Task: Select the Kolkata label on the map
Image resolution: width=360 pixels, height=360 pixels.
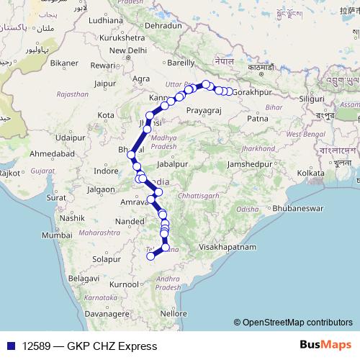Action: (309, 173)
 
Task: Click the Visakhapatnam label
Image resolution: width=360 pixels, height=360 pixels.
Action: (228, 246)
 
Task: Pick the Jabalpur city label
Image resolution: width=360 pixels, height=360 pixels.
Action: (171, 164)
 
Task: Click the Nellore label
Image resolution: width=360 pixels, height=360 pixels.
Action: (174, 313)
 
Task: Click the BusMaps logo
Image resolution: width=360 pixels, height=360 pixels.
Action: (325, 346)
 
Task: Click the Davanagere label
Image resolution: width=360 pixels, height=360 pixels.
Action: (90, 314)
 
